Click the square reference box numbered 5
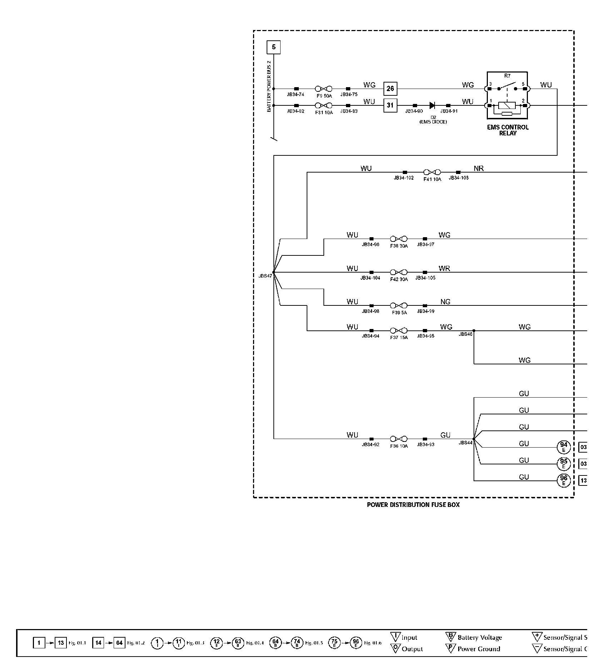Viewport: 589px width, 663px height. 274,47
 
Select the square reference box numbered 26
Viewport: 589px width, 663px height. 390,89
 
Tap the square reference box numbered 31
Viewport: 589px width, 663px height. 390,105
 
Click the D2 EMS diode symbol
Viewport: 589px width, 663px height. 432,105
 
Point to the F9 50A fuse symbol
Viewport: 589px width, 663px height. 323,89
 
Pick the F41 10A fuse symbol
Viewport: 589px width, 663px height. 432,172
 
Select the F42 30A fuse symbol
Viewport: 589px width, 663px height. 399,272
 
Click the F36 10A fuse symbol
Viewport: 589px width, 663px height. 399,439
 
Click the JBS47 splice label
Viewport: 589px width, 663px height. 265,276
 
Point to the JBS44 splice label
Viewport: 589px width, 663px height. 465,443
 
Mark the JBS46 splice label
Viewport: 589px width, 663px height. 465,334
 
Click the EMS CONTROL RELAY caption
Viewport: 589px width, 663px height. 508,130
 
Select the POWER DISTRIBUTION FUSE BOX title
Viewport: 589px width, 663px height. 413,505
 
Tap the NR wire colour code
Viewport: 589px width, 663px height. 479,168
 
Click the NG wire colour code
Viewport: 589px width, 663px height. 445,302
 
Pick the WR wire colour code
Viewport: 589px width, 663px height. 445,269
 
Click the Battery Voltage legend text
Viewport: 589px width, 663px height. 480,638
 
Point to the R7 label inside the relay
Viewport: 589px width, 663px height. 508,76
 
